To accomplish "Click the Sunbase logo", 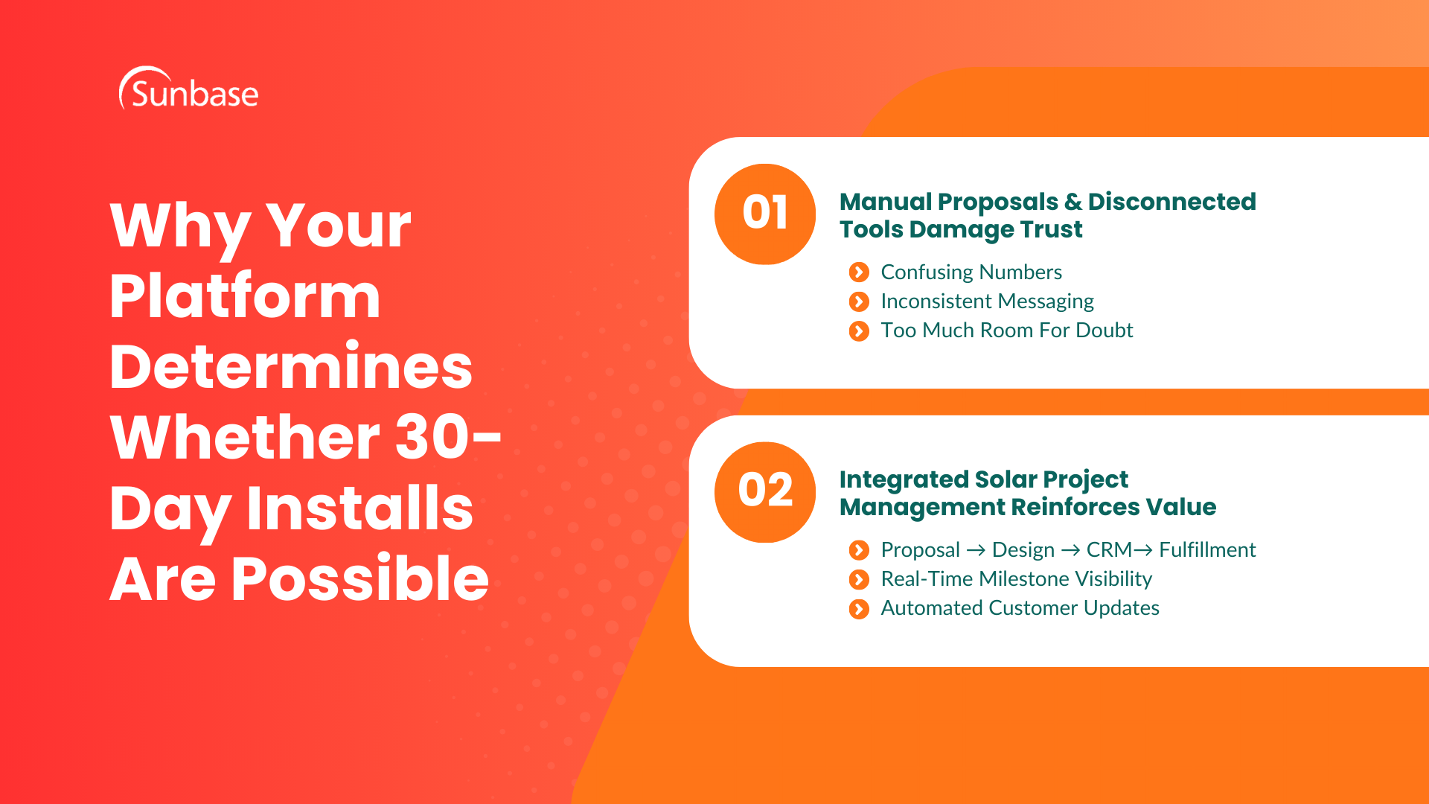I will point(189,90).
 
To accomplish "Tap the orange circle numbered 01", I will point(764,214).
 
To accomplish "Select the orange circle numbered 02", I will point(764,491).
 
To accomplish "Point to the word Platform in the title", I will point(245,296).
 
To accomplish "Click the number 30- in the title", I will point(447,438).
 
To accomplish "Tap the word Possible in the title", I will point(359,579).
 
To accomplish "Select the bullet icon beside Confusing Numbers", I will point(859,272).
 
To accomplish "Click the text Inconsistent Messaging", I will point(987,301).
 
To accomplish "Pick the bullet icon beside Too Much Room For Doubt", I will point(859,331).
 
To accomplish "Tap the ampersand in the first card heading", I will point(1072,202).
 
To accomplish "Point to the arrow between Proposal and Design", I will point(976,550).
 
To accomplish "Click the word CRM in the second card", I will point(1108,550).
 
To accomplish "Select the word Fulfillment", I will point(1207,550).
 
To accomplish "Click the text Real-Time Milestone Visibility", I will point(1016,579).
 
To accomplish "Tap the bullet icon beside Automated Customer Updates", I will point(859,609).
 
